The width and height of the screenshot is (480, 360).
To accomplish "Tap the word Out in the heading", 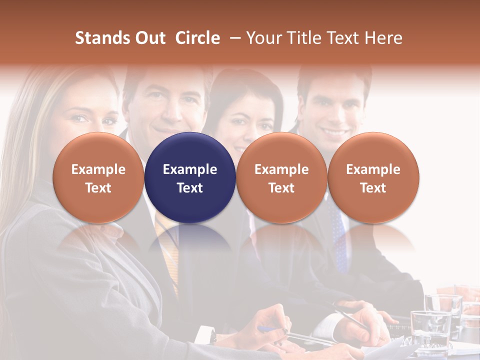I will [148, 38].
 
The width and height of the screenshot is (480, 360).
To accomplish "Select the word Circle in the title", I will [197, 38].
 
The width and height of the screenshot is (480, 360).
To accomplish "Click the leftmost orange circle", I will [98, 177].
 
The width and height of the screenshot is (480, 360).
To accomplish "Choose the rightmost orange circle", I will [373, 177].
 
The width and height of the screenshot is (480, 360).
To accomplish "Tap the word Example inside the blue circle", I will [190, 169].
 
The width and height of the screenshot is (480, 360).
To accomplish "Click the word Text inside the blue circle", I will [190, 188].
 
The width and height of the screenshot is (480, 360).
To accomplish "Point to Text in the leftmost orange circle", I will [98, 188].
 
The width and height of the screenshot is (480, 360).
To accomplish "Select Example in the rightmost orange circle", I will [373, 169].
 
